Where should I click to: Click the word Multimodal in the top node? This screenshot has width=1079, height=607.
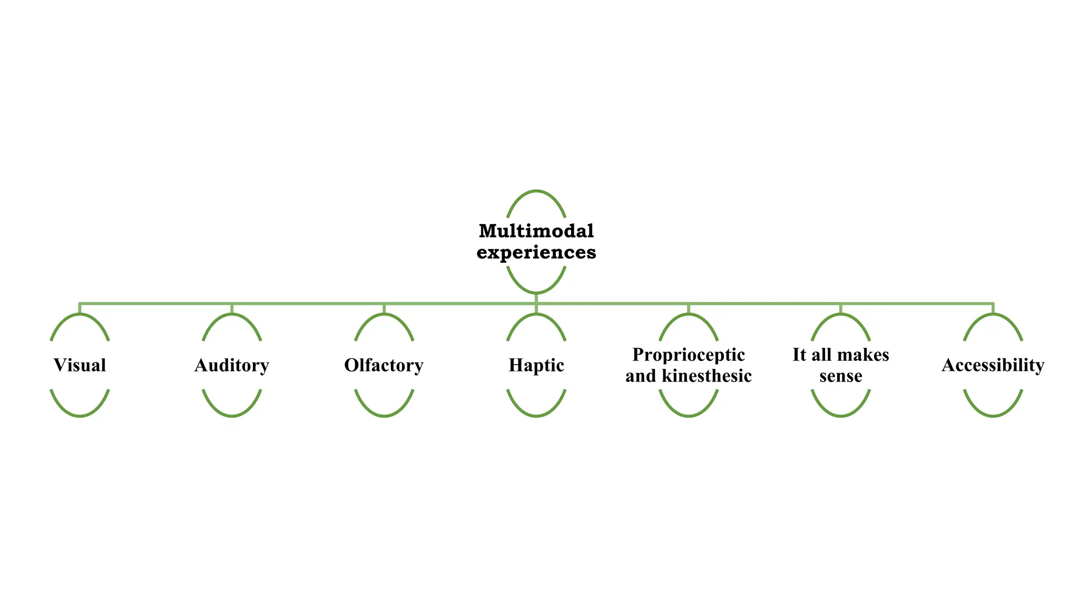[536, 231]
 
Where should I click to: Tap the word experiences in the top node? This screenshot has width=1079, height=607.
[536, 252]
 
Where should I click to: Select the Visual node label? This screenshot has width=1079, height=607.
[80, 365]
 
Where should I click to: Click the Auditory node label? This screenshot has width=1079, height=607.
[232, 365]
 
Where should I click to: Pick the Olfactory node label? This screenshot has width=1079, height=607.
[384, 365]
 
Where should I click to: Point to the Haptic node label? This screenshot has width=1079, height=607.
[536, 365]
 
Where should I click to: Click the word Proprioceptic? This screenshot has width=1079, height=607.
[689, 355]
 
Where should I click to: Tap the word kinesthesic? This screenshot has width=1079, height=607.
[707, 376]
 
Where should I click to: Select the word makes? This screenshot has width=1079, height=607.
[863, 355]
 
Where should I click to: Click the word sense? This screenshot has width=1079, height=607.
[841, 376]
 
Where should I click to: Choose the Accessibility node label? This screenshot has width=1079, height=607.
[993, 365]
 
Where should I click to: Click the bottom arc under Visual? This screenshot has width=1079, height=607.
[80, 416]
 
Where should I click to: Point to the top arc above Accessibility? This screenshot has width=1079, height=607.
[993, 315]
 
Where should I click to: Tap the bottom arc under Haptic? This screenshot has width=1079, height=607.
[536, 416]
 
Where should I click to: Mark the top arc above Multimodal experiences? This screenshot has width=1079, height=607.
[536, 191]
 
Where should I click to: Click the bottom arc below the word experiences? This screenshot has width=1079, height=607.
[536, 292]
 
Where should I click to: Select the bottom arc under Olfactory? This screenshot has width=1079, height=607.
[384, 416]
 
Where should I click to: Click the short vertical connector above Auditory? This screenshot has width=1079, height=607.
[232, 309]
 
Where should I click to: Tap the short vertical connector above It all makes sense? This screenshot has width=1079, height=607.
[841, 309]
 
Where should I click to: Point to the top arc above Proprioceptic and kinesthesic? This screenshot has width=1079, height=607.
[689, 315]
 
